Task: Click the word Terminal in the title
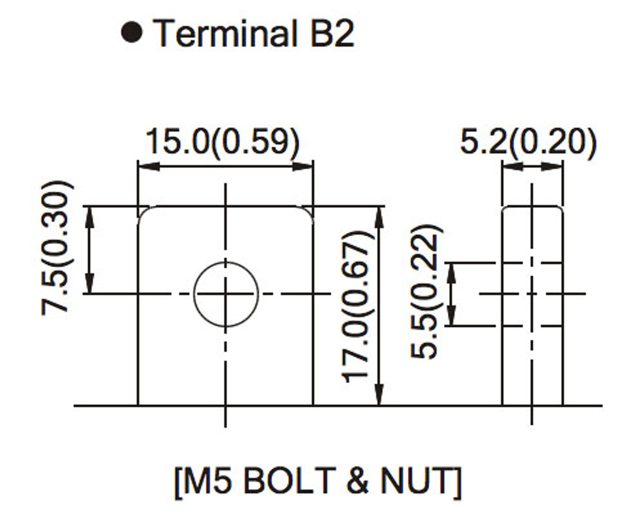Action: tap(225, 33)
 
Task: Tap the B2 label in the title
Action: tap(332, 33)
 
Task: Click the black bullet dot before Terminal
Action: tap(132, 33)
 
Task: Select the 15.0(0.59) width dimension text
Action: tap(223, 142)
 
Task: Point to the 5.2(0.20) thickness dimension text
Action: tap(528, 142)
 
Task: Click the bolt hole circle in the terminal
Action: tap(225, 294)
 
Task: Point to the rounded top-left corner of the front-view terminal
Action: tap(144, 212)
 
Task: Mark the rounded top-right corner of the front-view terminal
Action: tap(308, 212)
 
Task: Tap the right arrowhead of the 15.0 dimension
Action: tap(305, 167)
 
